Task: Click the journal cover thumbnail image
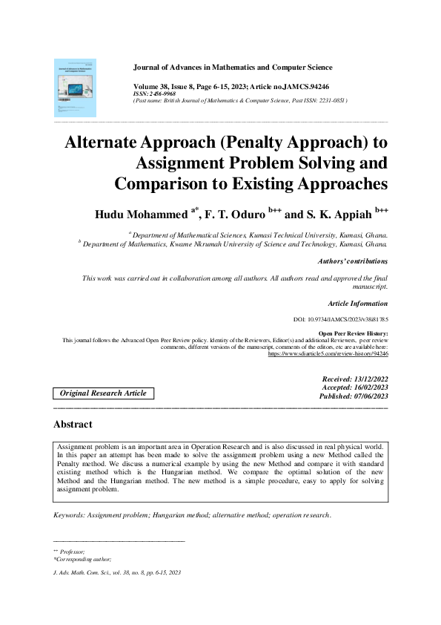[75, 88]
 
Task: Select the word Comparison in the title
[164, 183]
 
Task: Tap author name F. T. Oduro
[238, 215]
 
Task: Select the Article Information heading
[357, 303]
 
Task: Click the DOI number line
[341, 319]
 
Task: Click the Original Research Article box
[103, 393]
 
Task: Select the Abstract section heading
[73, 425]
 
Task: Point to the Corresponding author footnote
[83, 559]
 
